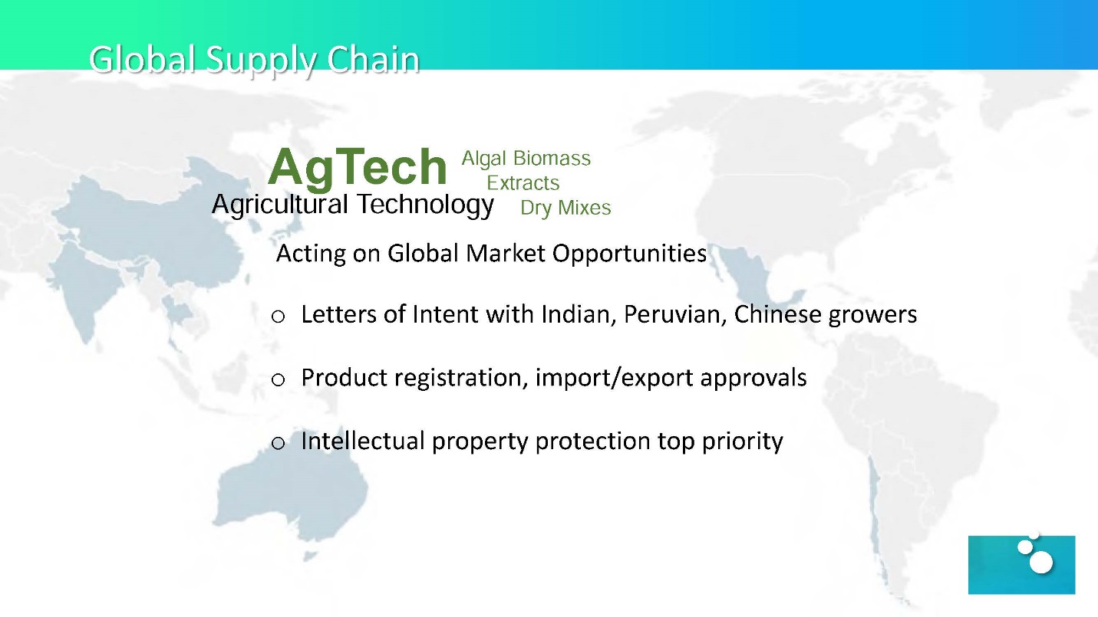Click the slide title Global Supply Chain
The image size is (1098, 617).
click(x=254, y=61)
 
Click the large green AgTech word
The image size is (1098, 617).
click(x=358, y=167)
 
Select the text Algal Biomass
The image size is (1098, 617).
click(x=526, y=159)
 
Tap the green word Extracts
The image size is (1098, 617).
click(x=523, y=182)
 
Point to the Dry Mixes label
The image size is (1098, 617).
click(x=565, y=208)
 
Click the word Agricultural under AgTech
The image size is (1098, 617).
click(x=280, y=204)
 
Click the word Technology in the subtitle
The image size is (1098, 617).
click(x=425, y=204)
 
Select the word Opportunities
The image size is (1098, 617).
click(x=629, y=254)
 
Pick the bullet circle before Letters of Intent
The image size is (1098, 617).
click(x=278, y=317)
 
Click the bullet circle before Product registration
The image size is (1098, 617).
click(x=278, y=379)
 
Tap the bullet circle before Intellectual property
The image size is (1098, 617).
click(x=278, y=443)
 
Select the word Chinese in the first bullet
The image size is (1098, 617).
click(x=777, y=314)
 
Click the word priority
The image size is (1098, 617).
click(x=742, y=441)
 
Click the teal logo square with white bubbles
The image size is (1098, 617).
click(x=1021, y=564)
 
